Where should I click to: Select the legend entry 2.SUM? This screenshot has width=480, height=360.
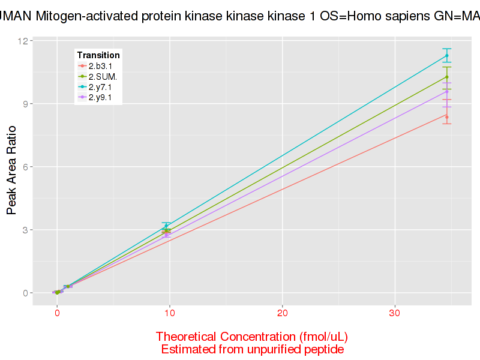(x=103, y=76)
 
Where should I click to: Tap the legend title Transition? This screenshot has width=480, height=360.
(x=98, y=55)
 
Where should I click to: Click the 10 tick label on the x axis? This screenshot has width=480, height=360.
(x=170, y=313)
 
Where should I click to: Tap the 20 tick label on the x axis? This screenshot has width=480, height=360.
(x=282, y=313)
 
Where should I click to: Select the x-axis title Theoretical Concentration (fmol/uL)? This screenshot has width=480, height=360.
(x=252, y=336)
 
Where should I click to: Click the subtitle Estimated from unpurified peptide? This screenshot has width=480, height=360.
(x=252, y=349)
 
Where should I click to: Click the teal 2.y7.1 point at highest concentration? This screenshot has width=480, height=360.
(x=447, y=56)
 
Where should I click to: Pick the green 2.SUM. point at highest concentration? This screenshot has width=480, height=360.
(x=447, y=77)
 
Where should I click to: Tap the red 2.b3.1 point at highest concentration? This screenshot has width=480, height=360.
(x=447, y=117)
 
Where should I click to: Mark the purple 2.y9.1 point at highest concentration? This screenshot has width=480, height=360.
(x=447, y=91)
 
